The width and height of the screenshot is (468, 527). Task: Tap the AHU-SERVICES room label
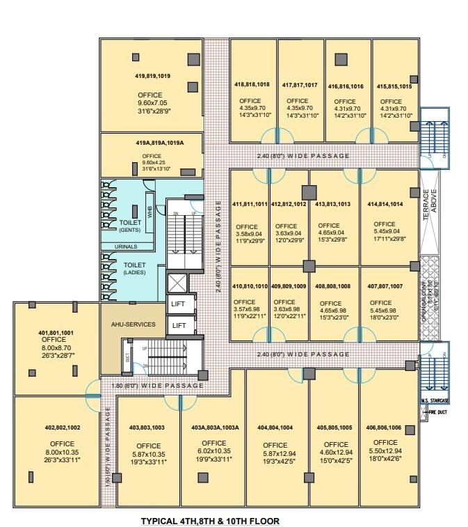[x=133, y=324]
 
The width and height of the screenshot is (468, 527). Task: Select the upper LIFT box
[x=179, y=304]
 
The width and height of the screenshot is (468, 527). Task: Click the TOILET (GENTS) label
[x=130, y=226]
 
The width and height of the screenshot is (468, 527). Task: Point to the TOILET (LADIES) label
[x=134, y=268]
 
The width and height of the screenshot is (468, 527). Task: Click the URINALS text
[x=125, y=246]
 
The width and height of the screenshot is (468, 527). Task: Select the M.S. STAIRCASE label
[x=435, y=401]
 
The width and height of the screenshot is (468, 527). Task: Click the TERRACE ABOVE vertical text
[x=430, y=205]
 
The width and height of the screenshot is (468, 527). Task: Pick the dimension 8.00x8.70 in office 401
[x=57, y=348]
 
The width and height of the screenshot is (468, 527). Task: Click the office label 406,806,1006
[x=389, y=427]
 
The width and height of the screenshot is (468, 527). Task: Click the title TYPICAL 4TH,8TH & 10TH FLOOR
[x=210, y=519]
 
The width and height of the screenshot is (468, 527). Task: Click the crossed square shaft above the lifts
[x=179, y=283]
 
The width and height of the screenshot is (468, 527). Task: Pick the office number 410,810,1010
[x=250, y=285]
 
